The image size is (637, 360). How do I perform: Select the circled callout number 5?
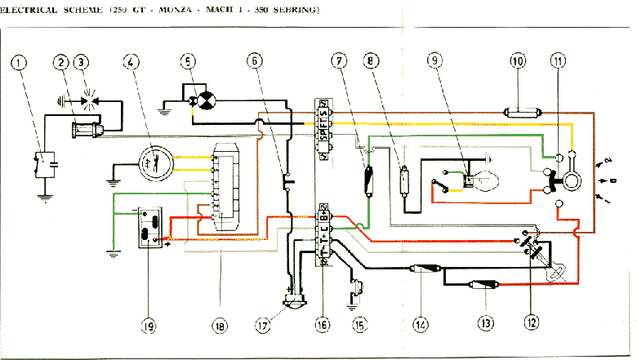[x=188, y=62]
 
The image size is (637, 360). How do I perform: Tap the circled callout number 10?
[x=518, y=61]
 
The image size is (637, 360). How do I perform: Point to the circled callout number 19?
[x=148, y=325]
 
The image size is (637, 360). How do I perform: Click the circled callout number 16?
[x=323, y=325]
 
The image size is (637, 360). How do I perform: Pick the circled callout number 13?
[x=487, y=324]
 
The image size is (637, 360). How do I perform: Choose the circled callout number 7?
[x=338, y=61]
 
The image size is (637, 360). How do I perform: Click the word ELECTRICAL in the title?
[x=28, y=11]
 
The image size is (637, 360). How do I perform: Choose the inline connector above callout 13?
[x=481, y=285]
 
